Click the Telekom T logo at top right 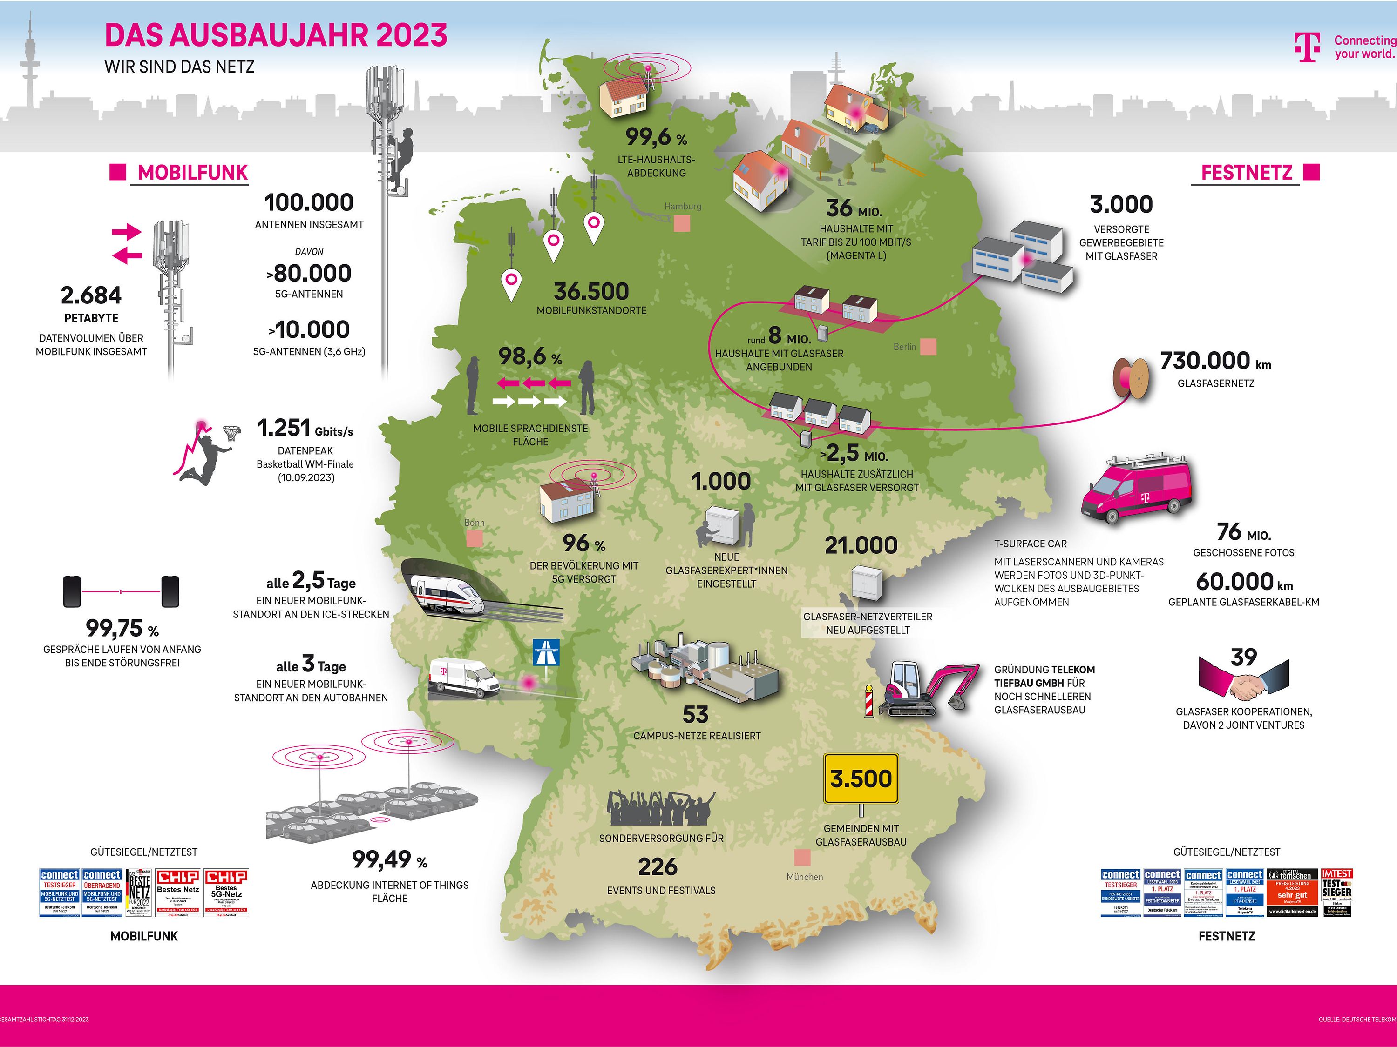1307,47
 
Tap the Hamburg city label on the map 682,206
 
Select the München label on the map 805,877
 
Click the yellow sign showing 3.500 861,779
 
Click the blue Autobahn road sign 546,652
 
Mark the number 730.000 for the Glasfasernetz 1205,361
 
